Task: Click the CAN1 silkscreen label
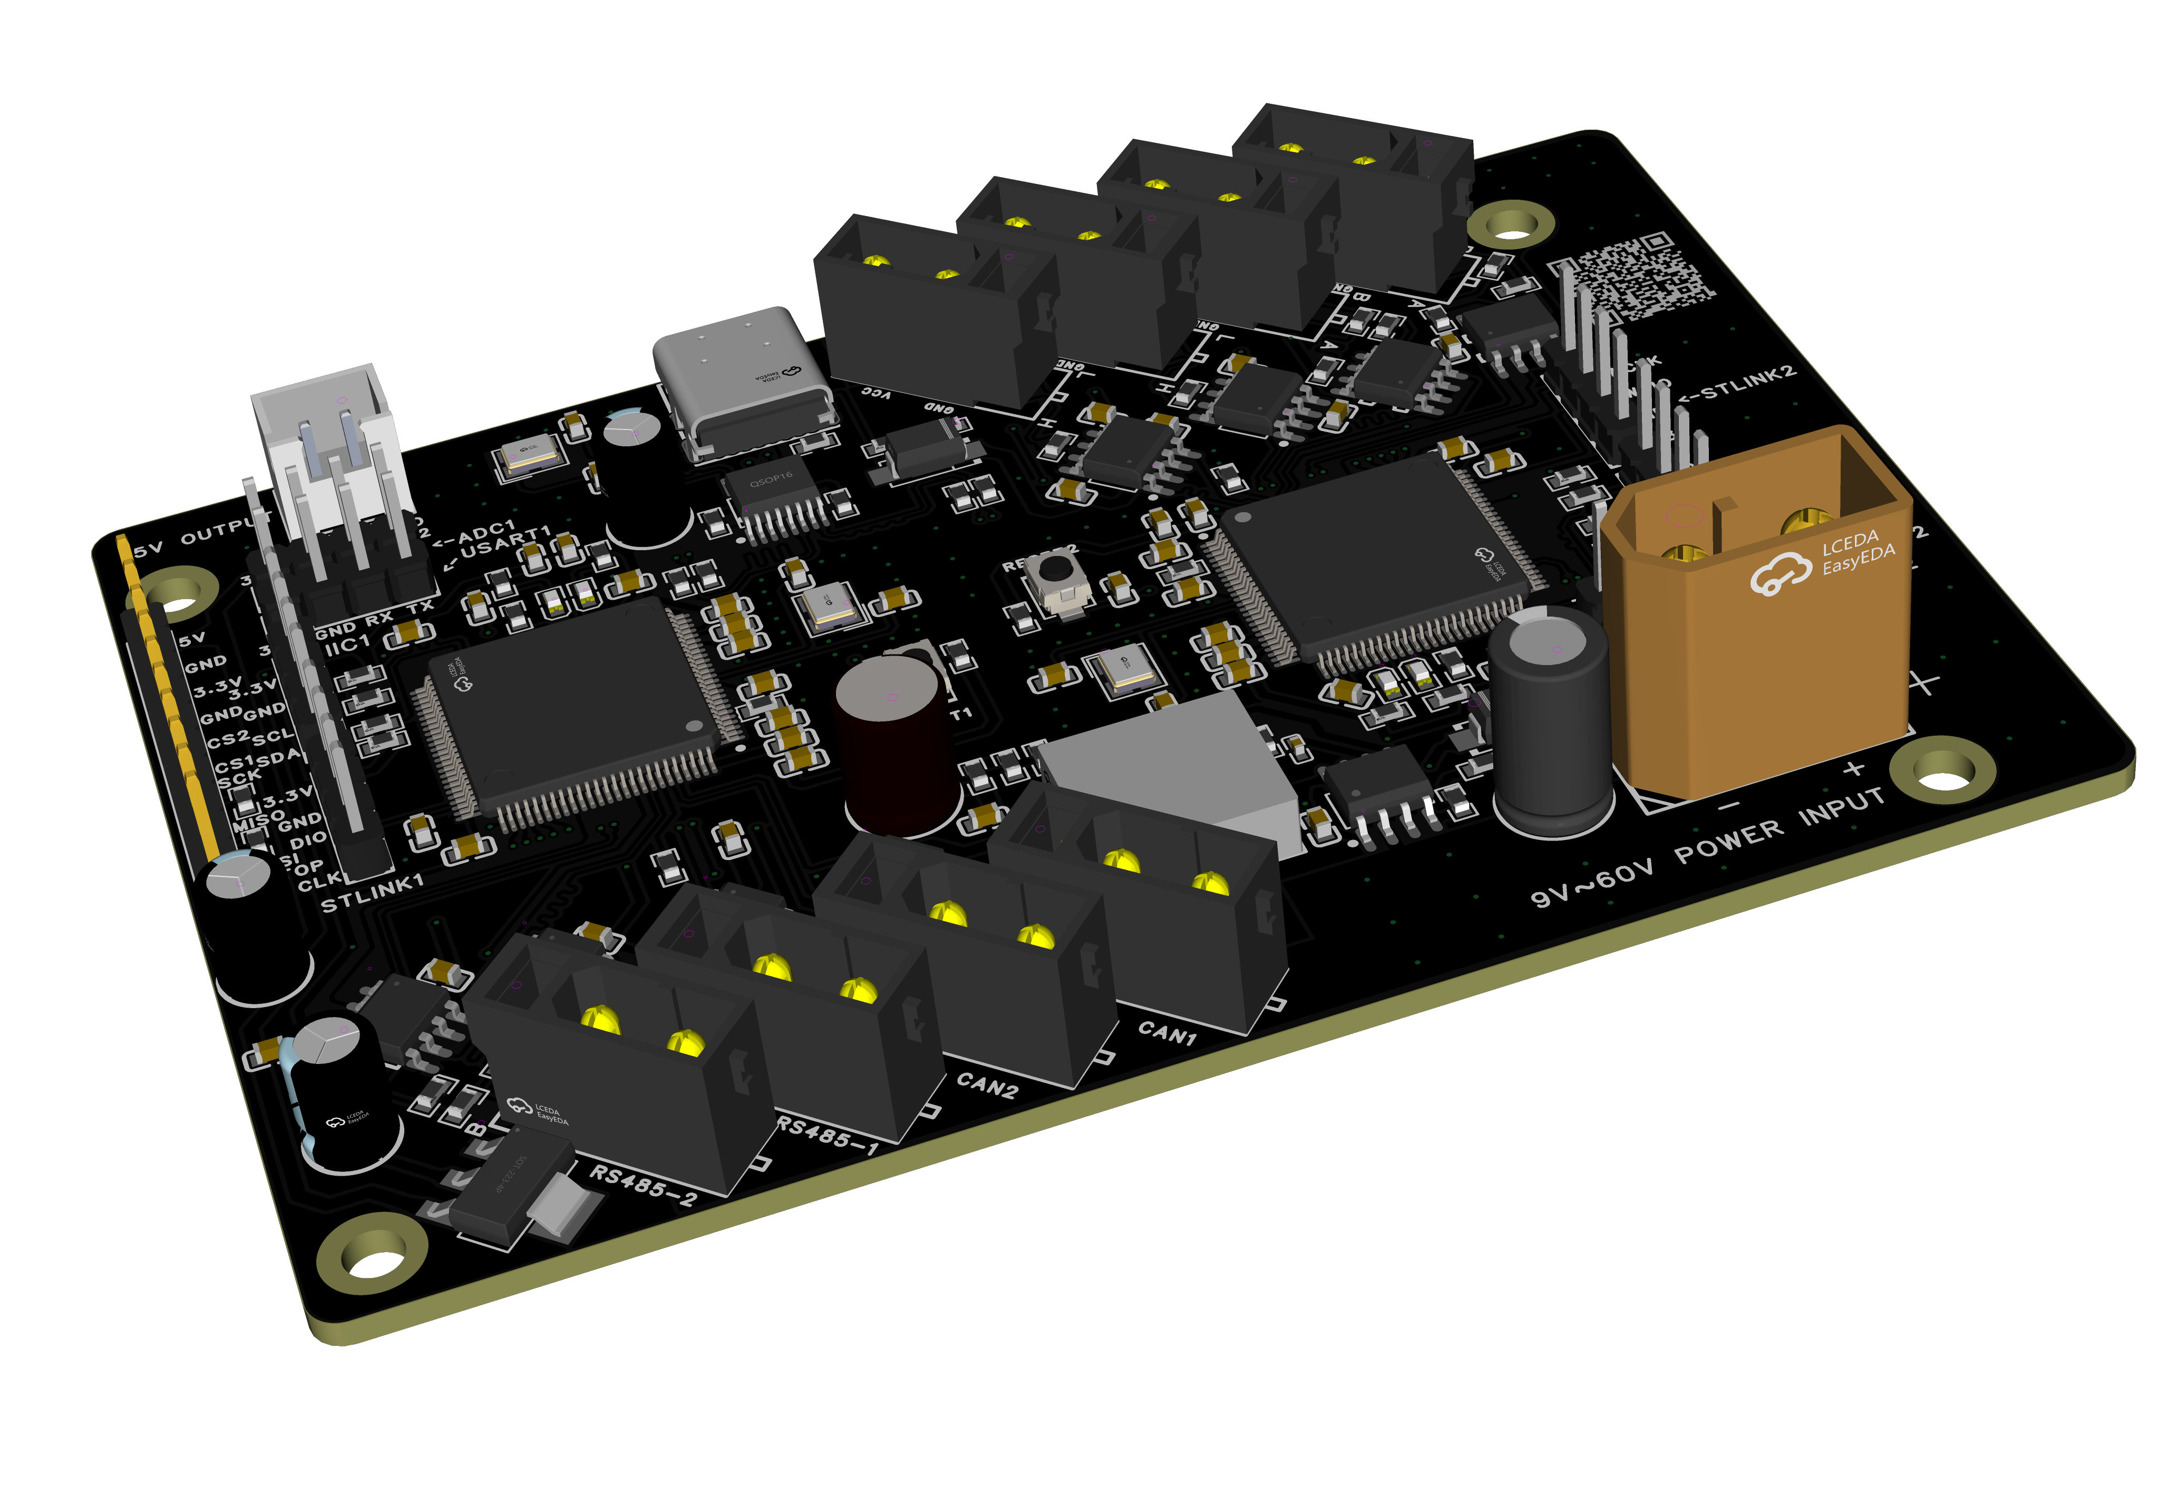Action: (1167, 1033)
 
